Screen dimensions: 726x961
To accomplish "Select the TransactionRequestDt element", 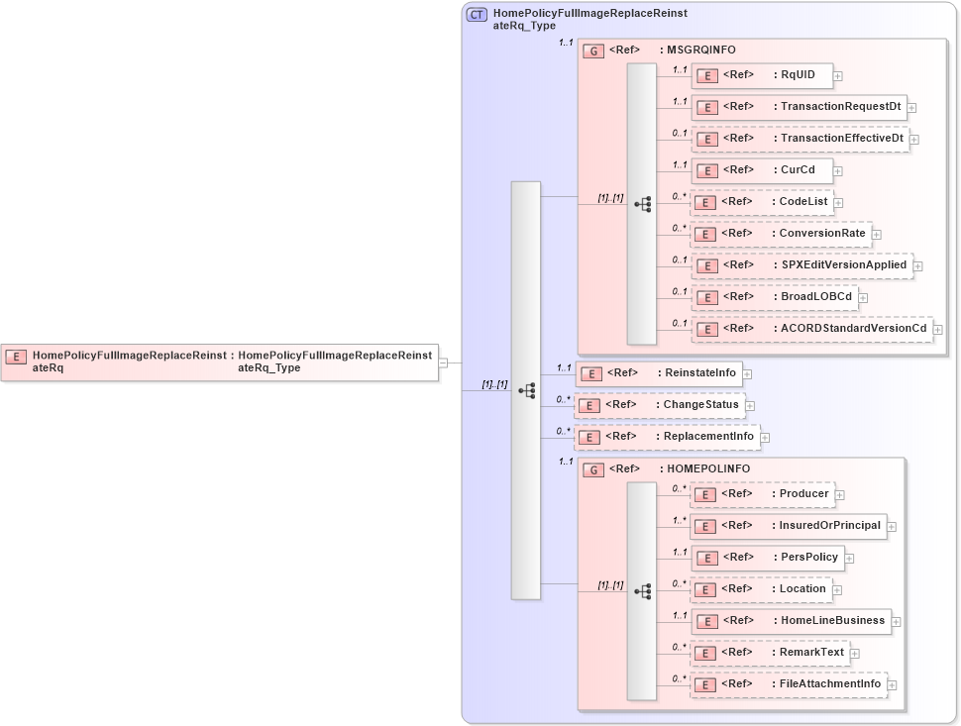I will click(799, 107).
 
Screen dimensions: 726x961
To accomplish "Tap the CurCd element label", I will click(798, 169).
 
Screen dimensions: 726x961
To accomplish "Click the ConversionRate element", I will click(781, 234).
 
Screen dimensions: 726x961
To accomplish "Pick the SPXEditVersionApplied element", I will click(802, 265).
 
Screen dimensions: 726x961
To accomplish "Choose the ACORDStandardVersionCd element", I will click(812, 328).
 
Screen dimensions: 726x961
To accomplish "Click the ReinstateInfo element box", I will click(659, 373).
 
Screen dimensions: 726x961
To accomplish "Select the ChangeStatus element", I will click(660, 405).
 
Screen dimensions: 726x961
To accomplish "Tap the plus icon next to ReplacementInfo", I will click(765, 437).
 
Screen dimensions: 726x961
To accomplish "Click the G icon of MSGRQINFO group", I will click(593, 51).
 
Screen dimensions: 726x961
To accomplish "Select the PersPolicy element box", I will click(767, 558).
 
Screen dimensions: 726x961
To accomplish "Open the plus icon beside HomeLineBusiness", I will click(896, 622).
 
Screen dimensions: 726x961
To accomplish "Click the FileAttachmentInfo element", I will click(788, 684).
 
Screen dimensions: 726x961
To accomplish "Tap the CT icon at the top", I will click(477, 14).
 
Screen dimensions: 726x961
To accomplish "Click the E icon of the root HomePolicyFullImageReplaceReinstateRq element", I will click(16, 357).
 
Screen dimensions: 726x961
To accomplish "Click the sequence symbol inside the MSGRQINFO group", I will click(642, 204).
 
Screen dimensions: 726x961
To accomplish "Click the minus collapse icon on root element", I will click(444, 363).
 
